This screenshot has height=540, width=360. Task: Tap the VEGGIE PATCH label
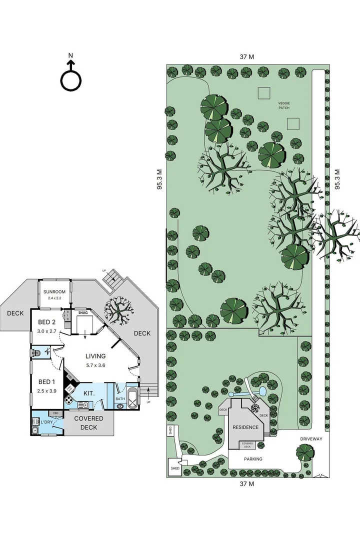284,105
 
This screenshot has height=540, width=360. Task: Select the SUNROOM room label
54,291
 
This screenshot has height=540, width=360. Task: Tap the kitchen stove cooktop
68,400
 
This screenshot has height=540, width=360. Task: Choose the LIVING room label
95,356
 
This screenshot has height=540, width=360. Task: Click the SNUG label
83,313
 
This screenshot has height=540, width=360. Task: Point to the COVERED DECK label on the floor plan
88,423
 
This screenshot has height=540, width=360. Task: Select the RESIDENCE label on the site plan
245,427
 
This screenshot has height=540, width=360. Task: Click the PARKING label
253,458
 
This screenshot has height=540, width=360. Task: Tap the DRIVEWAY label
311,439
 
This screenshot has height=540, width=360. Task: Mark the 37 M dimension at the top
246,57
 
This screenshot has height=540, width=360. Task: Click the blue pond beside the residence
262,393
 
